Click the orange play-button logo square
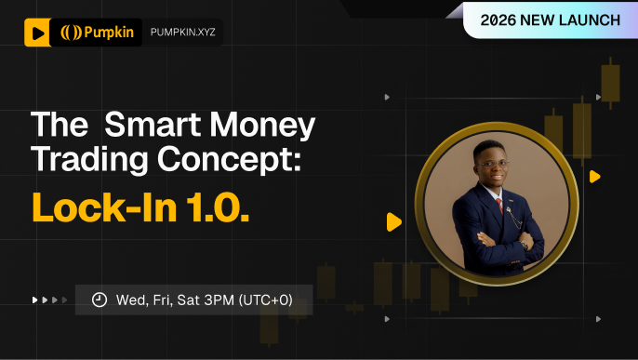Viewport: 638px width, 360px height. click(x=36, y=33)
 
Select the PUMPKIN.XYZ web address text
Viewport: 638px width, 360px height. click(x=182, y=33)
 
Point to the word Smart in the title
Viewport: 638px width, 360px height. click(x=150, y=126)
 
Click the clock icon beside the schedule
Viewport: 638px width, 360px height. click(x=99, y=300)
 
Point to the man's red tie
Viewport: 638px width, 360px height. click(x=498, y=204)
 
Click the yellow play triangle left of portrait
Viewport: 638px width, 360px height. click(x=394, y=222)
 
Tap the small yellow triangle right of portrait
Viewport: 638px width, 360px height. click(x=594, y=176)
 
